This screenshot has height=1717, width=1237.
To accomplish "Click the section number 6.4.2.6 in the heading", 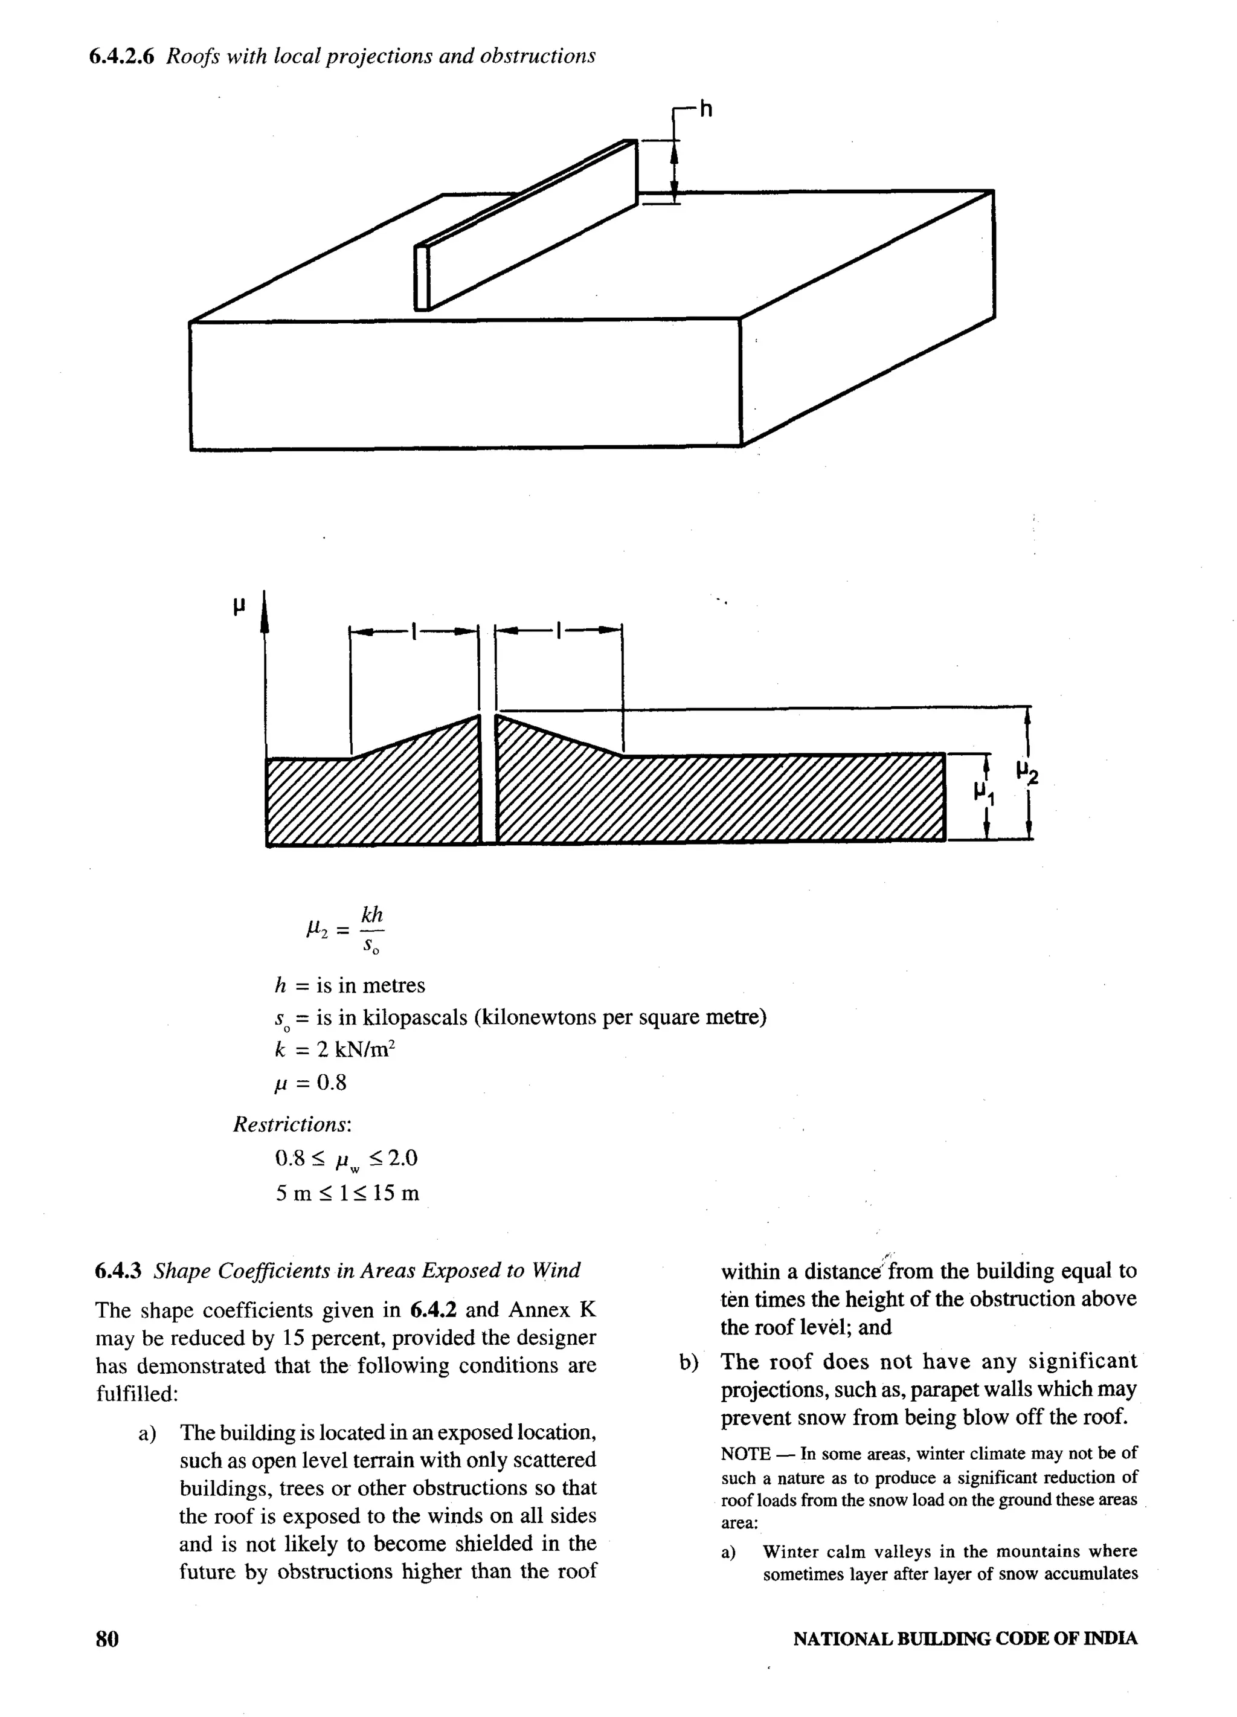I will (122, 57).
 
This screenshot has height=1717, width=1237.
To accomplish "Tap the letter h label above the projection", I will (705, 111).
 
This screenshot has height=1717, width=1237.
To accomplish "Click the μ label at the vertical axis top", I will (239, 605).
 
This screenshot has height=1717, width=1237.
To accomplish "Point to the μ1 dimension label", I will (984, 793).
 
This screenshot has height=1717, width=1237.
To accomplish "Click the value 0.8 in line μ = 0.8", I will (332, 1083).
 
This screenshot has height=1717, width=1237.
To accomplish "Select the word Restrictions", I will (291, 1124).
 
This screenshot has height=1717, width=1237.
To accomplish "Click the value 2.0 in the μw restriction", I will (400, 1158).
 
